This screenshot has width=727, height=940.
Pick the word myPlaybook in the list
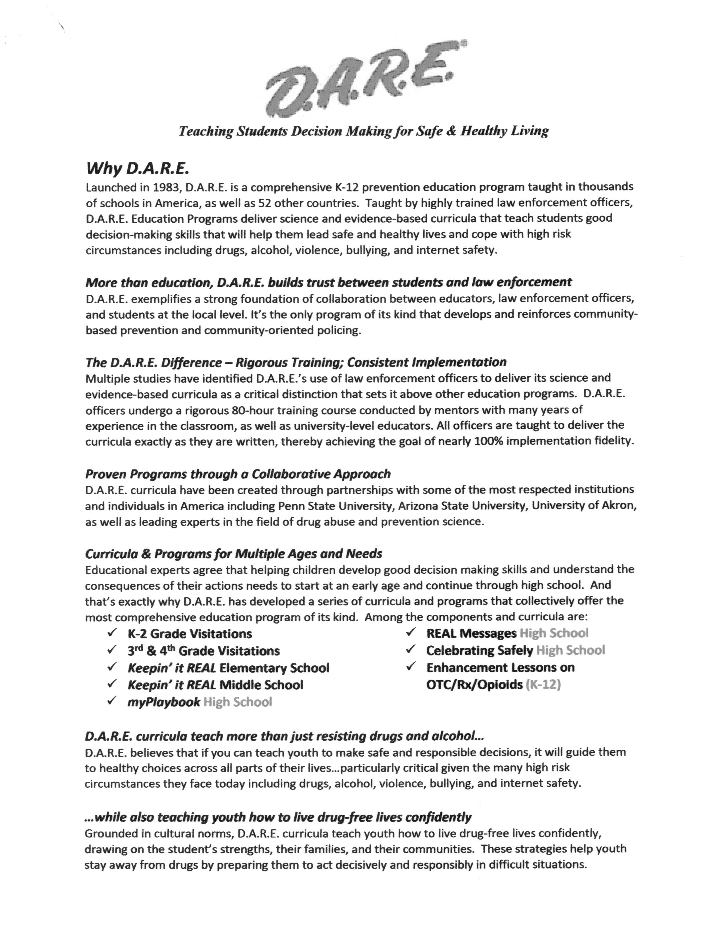click(x=164, y=702)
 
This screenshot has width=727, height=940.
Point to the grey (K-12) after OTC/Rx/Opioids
click(x=543, y=684)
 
